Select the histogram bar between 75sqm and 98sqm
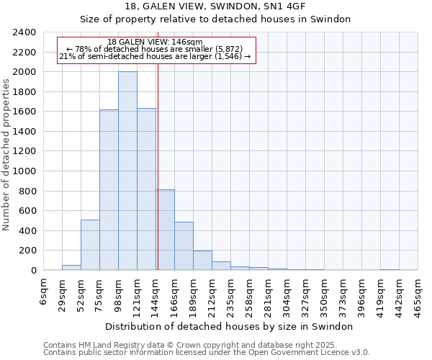click(109, 190)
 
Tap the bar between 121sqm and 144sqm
click(146, 189)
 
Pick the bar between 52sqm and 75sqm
click(90, 245)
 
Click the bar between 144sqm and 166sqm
click(165, 230)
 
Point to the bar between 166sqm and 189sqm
click(184, 246)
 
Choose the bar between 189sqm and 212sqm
click(202, 261)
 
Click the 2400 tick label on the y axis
click(24, 32)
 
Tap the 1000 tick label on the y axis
click(24, 171)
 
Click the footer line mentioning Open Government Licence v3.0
click(207, 353)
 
